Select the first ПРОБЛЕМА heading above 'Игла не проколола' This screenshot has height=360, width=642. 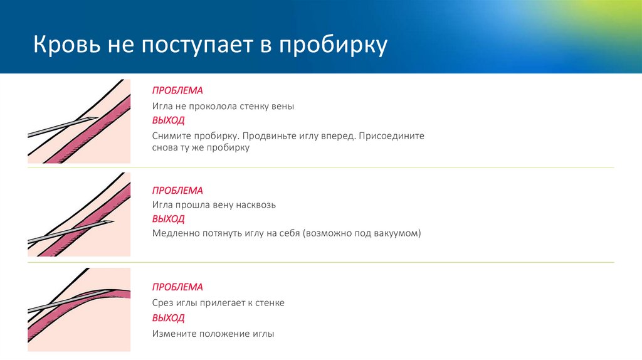[177, 91]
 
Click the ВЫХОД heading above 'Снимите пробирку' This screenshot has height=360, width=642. [168, 120]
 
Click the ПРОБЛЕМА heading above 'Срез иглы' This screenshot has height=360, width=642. [177, 287]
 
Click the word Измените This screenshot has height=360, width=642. [174, 334]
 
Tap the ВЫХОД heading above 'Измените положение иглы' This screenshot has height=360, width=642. [168, 318]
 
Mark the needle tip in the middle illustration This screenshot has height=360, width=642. [114, 222]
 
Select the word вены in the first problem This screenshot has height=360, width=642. [283, 107]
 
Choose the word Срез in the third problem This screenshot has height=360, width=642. [162, 303]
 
